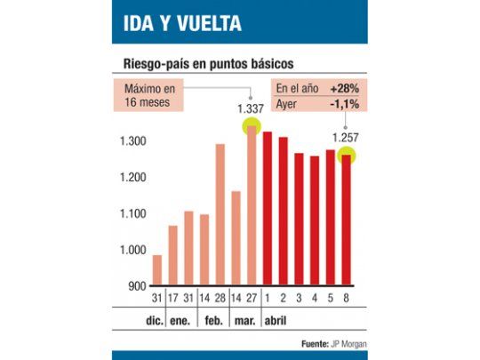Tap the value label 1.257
click(x=347, y=138)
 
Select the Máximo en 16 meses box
click(x=149, y=94)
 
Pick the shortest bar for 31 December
click(x=157, y=270)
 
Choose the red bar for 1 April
click(x=267, y=209)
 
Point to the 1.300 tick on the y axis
click(x=132, y=142)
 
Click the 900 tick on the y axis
click(x=136, y=286)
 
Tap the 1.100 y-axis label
click(x=132, y=214)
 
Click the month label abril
click(x=276, y=319)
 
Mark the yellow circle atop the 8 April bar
click(x=346, y=156)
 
